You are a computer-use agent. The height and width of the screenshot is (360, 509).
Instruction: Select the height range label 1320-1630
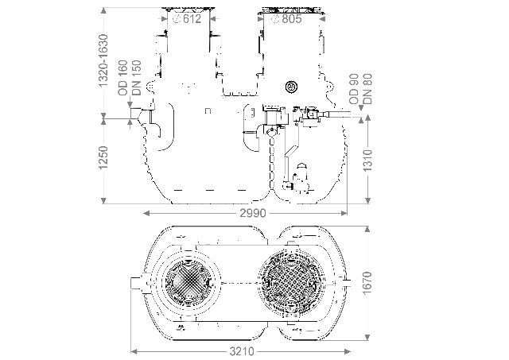(x=103, y=60)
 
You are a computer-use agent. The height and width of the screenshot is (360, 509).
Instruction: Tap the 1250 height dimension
(x=103, y=157)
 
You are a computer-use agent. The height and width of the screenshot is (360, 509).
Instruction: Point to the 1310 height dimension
(x=367, y=161)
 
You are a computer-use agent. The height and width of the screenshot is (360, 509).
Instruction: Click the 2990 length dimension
(x=253, y=213)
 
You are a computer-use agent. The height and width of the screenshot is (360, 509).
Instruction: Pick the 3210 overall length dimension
(x=242, y=351)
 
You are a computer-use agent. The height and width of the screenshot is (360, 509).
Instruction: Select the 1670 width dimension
(x=367, y=283)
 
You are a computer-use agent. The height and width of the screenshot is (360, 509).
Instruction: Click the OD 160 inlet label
(x=123, y=78)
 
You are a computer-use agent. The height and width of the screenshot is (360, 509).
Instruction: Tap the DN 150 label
(x=137, y=78)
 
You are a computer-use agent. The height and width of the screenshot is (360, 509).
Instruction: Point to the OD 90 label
(x=354, y=89)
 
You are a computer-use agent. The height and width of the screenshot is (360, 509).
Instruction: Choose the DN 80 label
(x=367, y=89)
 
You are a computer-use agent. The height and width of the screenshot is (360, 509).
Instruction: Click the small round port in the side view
(x=292, y=87)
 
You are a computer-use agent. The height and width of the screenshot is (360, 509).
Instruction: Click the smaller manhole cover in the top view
(x=188, y=283)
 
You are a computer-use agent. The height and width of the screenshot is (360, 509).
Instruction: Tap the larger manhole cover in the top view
(x=291, y=283)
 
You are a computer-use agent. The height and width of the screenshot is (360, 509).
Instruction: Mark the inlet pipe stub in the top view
(x=137, y=283)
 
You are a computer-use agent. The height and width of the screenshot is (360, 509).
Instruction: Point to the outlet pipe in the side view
(x=339, y=114)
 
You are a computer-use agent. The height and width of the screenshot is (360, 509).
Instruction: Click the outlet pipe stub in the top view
(x=348, y=283)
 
